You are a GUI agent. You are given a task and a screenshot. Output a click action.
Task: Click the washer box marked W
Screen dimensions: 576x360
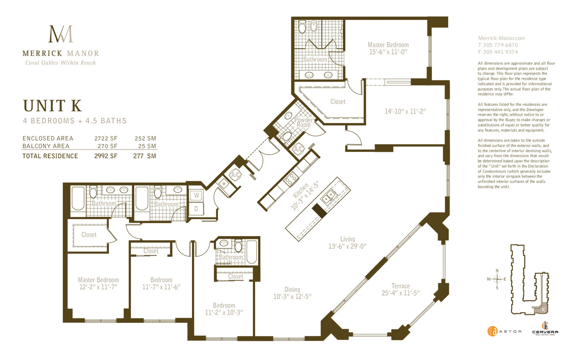coord(196,196)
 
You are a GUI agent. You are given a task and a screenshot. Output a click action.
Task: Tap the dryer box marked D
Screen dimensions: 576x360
coord(196,209)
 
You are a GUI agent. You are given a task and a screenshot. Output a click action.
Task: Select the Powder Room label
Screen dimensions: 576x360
coord(304,122)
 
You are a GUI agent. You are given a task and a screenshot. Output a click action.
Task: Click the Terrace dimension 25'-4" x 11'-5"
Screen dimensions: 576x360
coord(400,293)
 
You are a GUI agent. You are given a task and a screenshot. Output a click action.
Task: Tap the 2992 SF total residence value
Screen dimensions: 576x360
coord(106,156)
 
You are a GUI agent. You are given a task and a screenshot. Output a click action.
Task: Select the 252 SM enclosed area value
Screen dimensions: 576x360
coord(145,139)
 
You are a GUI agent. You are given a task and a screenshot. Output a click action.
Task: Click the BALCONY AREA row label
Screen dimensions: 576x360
coord(46,146)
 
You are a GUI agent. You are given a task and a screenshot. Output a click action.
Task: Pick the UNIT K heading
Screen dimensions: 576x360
coord(52,106)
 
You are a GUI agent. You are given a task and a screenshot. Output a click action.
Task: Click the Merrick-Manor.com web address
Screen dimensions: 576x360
coord(502,38)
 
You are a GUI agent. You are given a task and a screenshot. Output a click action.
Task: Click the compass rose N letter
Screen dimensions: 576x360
coord(497,271)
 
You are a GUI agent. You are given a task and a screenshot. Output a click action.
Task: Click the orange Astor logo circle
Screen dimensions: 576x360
coord(492,331)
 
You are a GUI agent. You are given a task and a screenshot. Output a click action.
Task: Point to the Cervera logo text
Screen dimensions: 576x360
coord(545,332)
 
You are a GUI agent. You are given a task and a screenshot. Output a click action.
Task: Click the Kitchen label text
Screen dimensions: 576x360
coord(301,190)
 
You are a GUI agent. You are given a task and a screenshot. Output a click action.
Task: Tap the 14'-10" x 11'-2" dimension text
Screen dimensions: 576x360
coord(405,111)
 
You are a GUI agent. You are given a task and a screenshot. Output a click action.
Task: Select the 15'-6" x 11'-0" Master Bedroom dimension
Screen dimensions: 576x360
coord(388,52)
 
